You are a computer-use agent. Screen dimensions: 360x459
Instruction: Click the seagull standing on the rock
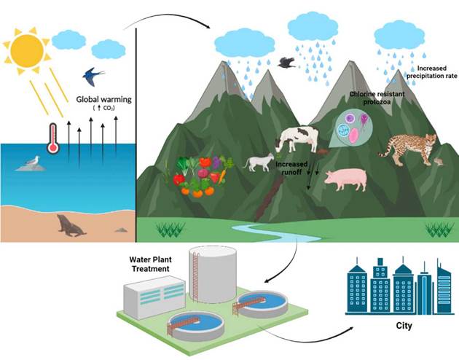pyautogui.click(x=31, y=162)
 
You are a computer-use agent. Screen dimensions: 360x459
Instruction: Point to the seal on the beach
pyautogui.click(x=71, y=226)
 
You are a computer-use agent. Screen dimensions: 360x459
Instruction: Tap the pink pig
pyautogui.click(x=345, y=179)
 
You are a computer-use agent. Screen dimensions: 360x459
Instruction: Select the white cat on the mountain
pyautogui.click(x=258, y=162)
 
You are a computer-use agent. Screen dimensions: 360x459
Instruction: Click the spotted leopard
pyautogui.click(x=407, y=147)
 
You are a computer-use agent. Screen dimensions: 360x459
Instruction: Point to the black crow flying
pyautogui.click(x=288, y=63)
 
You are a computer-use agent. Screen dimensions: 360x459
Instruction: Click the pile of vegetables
pyautogui.click(x=197, y=176)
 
